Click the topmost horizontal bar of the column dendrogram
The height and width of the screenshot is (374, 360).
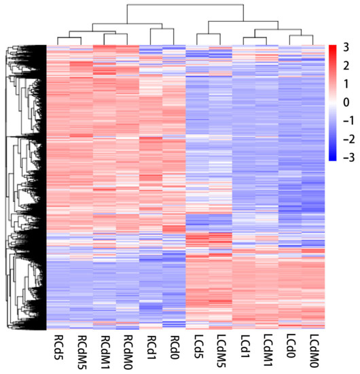point(183,5)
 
